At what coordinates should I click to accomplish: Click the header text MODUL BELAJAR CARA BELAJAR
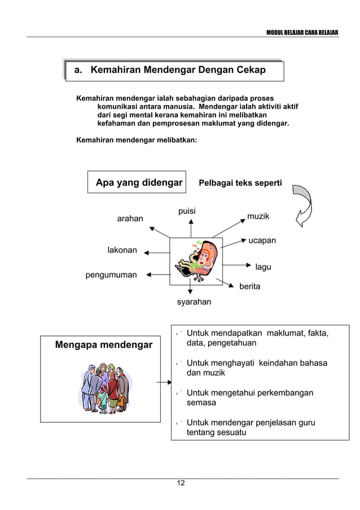point(302,32)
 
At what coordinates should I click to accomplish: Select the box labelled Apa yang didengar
point(137,182)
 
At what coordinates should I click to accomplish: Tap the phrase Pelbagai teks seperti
point(240,183)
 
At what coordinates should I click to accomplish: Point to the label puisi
point(187,211)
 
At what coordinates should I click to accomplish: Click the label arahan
point(130,219)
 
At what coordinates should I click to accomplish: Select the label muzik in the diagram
point(258,216)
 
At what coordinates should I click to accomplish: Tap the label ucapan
point(262,241)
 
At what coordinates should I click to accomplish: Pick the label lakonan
point(122,250)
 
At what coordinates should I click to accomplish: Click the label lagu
point(263,267)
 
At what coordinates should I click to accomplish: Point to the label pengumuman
point(111,275)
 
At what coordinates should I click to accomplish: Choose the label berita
point(250,286)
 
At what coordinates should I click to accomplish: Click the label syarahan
point(194,302)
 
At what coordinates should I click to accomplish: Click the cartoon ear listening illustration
point(196,259)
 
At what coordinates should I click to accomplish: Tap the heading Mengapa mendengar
point(103,345)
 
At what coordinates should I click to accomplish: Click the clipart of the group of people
point(103,386)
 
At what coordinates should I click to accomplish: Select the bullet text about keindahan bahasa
point(257,368)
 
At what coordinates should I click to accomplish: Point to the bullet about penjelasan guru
point(251,428)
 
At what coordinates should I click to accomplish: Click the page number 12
point(180,483)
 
